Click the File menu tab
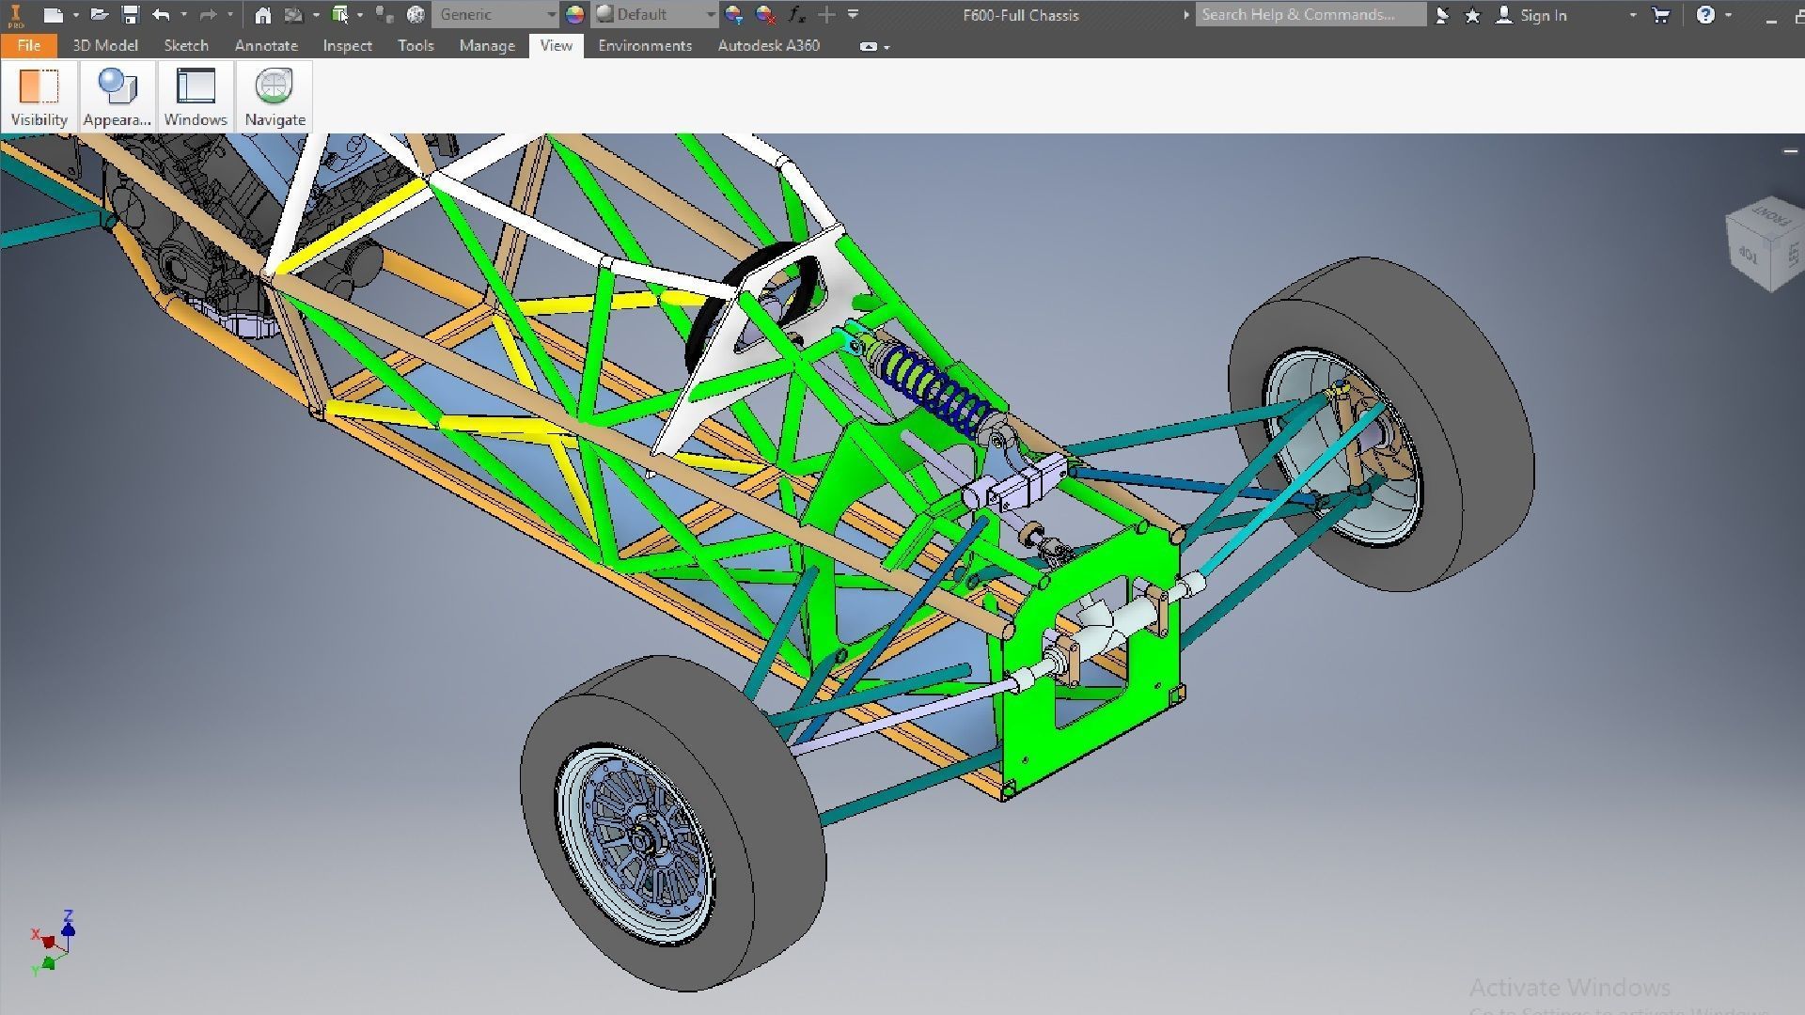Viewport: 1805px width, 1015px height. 28,45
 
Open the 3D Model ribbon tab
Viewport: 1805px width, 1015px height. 105,45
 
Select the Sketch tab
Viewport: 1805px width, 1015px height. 186,45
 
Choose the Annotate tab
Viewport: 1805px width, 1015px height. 266,45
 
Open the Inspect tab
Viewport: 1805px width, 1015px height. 347,45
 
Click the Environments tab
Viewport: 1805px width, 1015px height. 645,45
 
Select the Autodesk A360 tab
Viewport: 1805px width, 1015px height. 768,45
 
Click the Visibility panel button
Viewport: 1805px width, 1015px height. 39,96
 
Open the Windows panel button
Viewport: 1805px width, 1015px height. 196,96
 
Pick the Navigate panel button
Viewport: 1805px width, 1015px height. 275,96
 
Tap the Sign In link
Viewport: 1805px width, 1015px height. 1543,15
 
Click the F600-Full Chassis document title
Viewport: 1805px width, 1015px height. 1021,15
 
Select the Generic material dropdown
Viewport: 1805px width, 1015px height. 495,15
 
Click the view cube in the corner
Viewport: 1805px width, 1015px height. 1766,242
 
